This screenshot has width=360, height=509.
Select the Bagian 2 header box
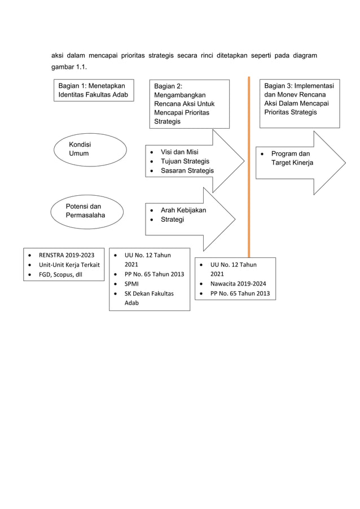pos(188,104)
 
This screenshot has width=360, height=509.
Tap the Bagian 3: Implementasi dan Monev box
pos(299,104)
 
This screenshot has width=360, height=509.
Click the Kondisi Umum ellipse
pos(90,149)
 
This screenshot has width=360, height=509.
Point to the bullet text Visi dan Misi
pos(179,152)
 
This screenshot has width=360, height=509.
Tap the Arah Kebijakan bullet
pos(183,210)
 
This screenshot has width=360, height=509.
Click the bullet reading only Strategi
pos(173,220)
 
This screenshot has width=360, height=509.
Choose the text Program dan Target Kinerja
pos(292,158)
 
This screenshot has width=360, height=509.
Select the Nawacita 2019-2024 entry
pos(238,283)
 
